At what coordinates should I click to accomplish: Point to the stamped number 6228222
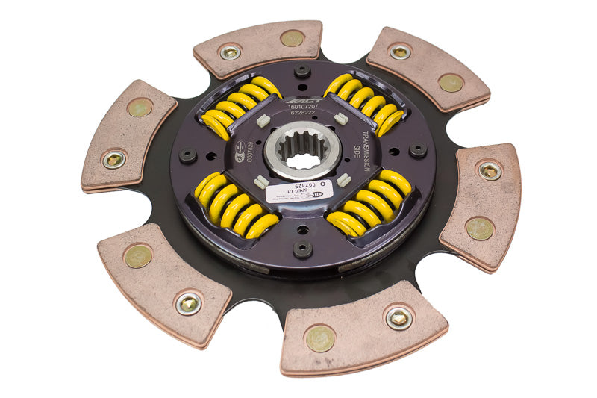point(301,116)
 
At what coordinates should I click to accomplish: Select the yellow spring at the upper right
point(367,102)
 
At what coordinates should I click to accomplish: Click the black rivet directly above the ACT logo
point(301,72)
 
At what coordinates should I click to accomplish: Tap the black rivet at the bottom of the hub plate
point(301,249)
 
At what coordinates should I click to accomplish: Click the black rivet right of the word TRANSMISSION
point(419,151)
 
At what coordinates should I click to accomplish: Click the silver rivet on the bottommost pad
point(398,317)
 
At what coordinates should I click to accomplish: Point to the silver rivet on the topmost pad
point(229,52)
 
